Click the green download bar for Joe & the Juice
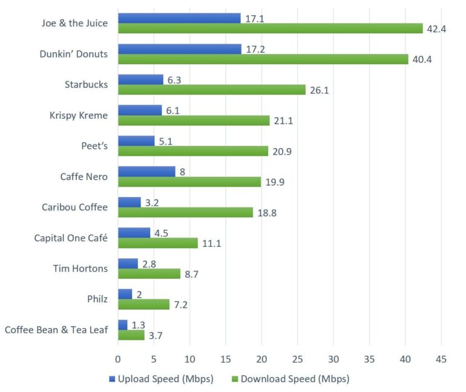[x=270, y=28]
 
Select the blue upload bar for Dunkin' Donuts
[x=179, y=49]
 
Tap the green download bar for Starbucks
[x=212, y=90]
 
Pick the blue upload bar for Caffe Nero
[x=146, y=171]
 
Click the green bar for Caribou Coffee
[x=185, y=212]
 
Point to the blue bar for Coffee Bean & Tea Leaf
[x=122, y=325]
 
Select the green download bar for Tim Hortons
[x=149, y=273]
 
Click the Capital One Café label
[x=71, y=238]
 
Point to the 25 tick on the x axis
[x=297, y=359]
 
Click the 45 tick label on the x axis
[x=441, y=359]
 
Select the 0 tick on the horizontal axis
[x=118, y=359]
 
